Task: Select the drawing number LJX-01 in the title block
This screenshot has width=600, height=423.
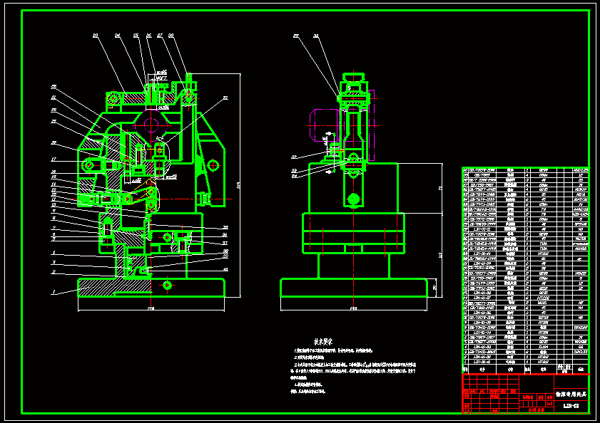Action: (x=570, y=406)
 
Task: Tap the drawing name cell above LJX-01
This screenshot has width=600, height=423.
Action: (x=570, y=393)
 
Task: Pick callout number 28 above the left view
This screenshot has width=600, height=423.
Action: (x=171, y=35)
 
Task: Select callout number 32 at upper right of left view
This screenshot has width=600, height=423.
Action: (x=225, y=97)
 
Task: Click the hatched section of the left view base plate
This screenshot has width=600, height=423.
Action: (x=96, y=288)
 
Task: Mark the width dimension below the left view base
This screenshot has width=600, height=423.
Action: (x=151, y=308)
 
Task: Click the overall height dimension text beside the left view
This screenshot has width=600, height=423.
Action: (x=238, y=185)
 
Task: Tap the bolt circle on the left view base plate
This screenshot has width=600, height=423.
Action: (x=167, y=286)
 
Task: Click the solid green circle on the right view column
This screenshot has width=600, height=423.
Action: (x=352, y=199)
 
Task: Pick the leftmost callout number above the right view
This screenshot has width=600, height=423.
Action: (x=295, y=35)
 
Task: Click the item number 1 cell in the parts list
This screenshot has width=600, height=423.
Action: (x=467, y=362)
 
